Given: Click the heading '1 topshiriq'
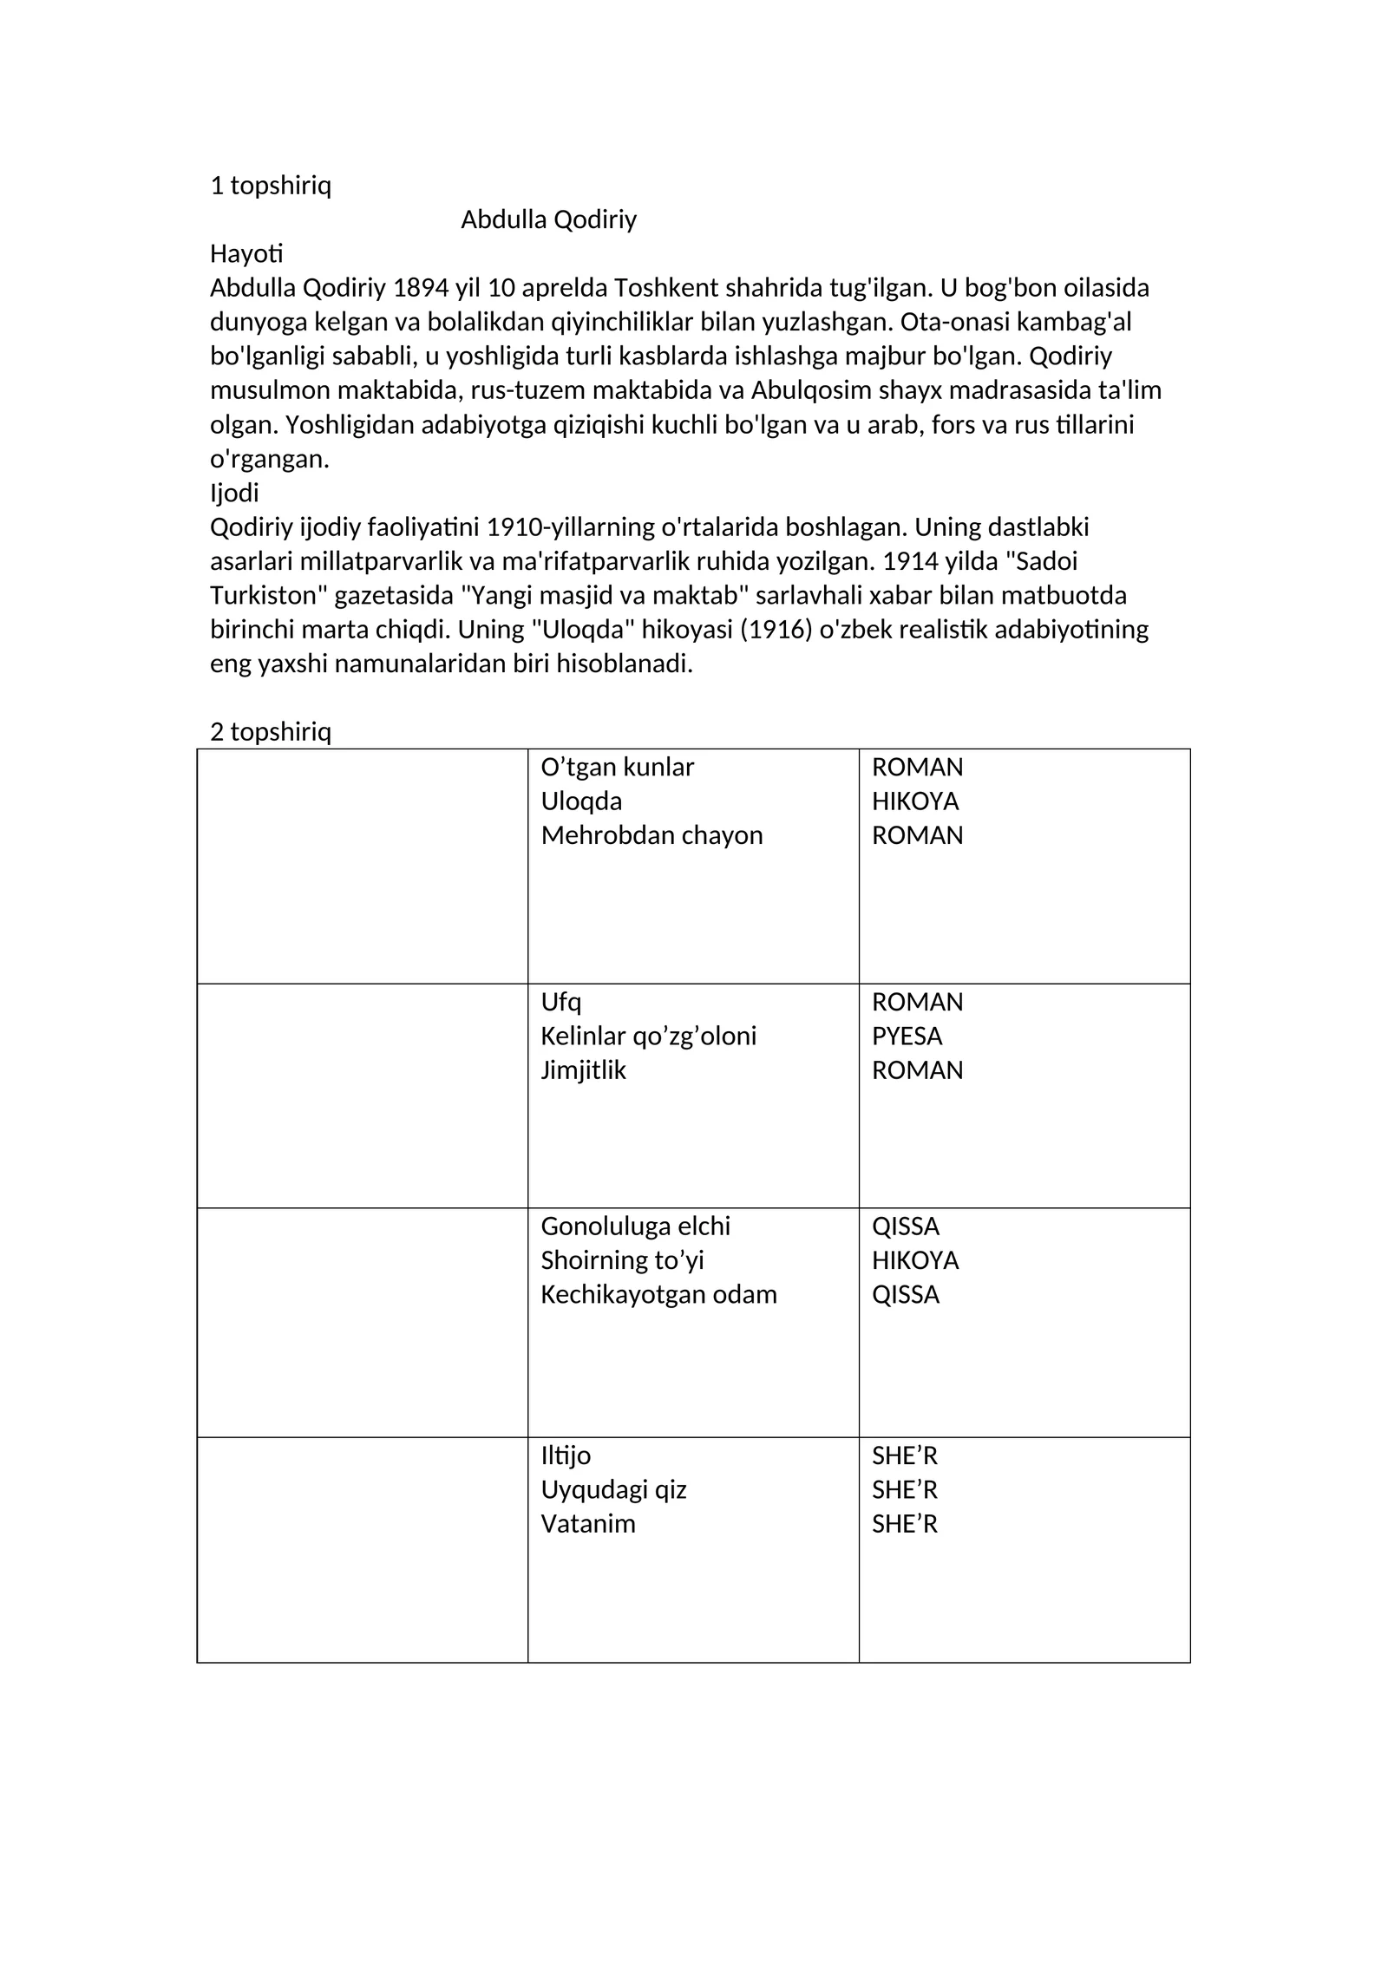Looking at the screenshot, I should [x=271, y=186].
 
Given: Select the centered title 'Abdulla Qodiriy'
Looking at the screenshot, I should [x=548, y=219].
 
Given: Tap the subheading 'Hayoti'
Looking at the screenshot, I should [x=246, y=253].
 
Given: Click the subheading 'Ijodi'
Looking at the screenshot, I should [x=234, y=493].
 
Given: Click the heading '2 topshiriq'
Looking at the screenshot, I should [x=271, y=731].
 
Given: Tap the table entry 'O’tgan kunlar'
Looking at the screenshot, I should [x=617, y=767].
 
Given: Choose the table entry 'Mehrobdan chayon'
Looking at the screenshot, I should [x=651, y=834].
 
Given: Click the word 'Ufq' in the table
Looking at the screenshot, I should [x=560, y=1002].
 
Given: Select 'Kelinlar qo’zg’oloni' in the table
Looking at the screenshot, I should [x=648, y=1036].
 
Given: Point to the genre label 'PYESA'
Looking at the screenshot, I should [x=907, y=1036].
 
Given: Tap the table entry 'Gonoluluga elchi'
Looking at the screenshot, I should [x=635, y=1226].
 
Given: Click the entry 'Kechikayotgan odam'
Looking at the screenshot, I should [x=658, y=1294].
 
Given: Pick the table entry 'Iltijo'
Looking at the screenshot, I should [x=566, y=1455].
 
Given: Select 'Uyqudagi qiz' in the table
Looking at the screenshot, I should [x=613, y=1489].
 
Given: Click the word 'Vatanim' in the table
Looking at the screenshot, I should [x=588, y=1523].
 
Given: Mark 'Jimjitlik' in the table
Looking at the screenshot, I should [x=583, y=1069].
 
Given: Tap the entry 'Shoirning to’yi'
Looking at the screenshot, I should [x=622, y=1259].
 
